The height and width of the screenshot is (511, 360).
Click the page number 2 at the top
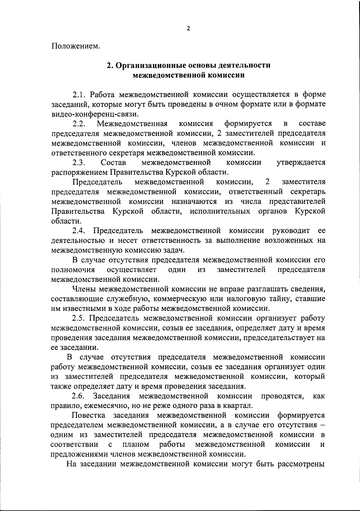[188, 29]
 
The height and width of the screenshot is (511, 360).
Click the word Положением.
[76, 46]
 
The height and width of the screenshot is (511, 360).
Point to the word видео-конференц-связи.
[95, 114]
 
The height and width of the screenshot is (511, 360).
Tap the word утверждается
[301, 163]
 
